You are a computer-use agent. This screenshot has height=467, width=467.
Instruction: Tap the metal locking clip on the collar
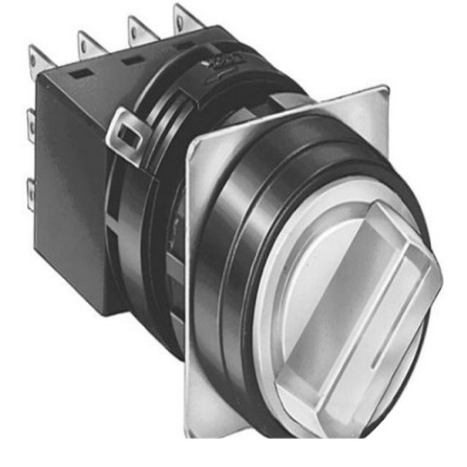(126, 134)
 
